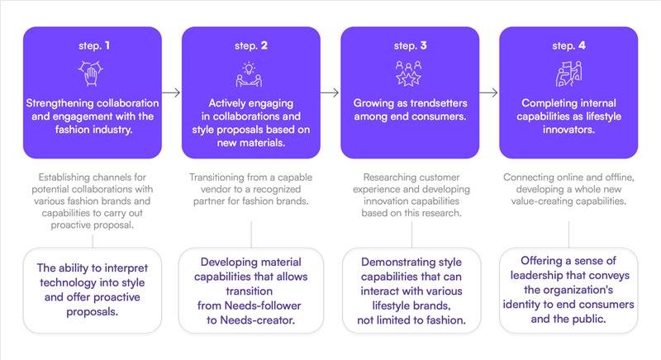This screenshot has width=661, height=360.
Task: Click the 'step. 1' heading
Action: (94, 45)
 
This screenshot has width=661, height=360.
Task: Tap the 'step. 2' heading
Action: (251, 45)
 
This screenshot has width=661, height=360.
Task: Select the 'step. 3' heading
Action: (410, 45)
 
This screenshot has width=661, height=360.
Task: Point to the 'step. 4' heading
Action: (568, 45)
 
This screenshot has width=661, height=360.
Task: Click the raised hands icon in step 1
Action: (91, 73)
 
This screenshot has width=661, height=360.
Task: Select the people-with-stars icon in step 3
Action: (408, 73)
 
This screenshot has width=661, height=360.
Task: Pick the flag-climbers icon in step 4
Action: (568, 73)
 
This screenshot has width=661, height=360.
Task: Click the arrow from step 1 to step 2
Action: (171, 92)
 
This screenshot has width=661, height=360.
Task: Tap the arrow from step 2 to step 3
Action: (330, 92)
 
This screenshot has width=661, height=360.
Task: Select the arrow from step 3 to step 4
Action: (488, 92)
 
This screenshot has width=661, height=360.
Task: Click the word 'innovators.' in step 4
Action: (568, 130)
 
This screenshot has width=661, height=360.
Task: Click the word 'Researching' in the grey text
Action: (388, 178)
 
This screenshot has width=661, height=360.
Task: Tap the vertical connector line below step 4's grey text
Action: (568, 234)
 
